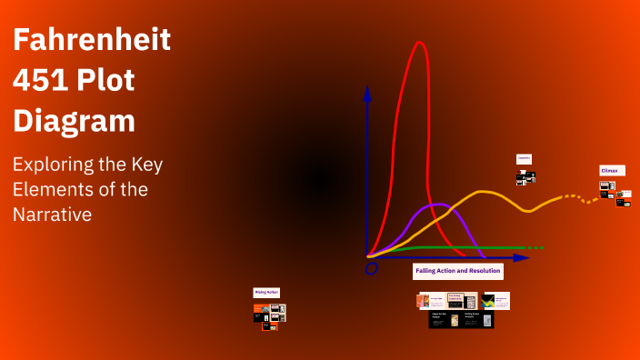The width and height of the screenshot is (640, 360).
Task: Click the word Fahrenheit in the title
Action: pos(92,41)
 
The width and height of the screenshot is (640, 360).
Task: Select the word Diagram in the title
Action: pos(74,121)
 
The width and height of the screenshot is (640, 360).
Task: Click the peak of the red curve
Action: pos(420,43)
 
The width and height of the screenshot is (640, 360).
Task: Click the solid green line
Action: pos(455,247)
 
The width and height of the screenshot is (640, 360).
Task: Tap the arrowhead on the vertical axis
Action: pos(367,92)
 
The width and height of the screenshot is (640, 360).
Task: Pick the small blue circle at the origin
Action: pos(371,269)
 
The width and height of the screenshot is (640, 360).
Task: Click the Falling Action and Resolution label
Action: pos(457,271)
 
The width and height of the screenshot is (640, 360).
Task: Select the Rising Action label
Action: pos(266,293)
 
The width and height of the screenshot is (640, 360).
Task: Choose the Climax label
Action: pos(612,170)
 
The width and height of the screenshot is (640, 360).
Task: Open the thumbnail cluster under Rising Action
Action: pos(269,315)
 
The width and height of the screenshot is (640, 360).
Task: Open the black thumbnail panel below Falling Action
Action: pos(461,320)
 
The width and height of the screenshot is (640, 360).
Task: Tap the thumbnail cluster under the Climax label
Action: pos(615,194)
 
